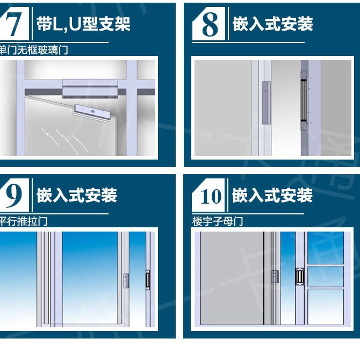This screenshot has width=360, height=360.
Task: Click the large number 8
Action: pos(210,25)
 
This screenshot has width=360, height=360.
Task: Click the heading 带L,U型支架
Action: pos(83,24)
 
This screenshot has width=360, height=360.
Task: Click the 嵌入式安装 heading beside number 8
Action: pos(272,24)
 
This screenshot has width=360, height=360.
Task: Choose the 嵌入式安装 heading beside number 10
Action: pos(272,195)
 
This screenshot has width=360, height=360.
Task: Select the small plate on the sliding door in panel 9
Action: pos(126,279)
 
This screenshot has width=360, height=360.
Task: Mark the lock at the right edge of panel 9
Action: pos(148,279)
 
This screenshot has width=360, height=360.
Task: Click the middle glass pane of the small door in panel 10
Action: pos(325,276)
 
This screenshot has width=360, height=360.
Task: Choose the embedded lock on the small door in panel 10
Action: pos(296,276)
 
